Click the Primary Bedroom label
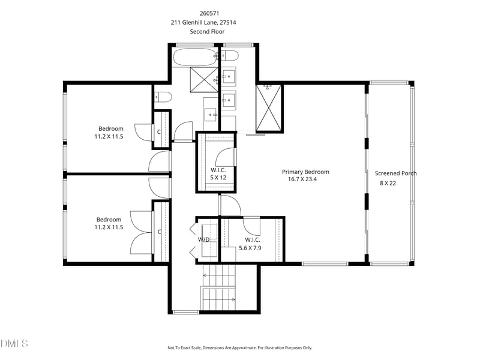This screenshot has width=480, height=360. click(305, 172)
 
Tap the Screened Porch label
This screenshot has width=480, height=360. click(396, 173)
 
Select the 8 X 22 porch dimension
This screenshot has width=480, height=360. click(388, 183)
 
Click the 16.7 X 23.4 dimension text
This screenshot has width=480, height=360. click(302, 179)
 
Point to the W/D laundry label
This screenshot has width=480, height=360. click(204, 239)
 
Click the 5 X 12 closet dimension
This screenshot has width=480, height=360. click(218, 178)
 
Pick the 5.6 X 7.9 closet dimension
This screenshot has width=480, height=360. click(250, 248)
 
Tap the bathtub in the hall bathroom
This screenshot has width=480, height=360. click(195, 57)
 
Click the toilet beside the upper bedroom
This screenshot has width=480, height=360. click(163, 97)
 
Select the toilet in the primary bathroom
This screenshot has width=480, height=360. click(230, 56)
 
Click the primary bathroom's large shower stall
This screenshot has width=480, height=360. click(268, 108)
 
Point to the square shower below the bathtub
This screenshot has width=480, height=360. click(203, 80)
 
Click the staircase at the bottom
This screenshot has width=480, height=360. click(218, 287)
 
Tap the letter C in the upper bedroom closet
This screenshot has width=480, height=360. click(159, 132)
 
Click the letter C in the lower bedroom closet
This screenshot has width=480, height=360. click(159, 232)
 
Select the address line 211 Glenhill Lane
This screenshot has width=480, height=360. click(203, 22)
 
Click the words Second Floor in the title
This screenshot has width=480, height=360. click(207, 32)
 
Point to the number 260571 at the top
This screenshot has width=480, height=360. click(209, 13)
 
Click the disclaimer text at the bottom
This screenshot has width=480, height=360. click(239, 348)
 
